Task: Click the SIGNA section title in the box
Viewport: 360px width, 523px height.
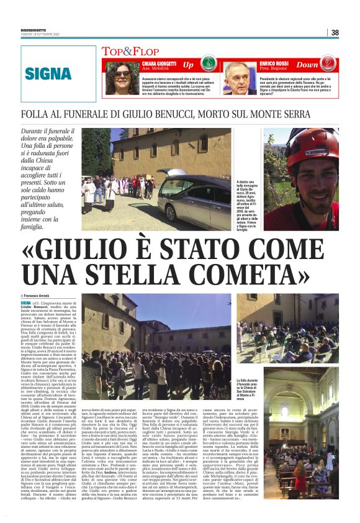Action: [x=48, y=73]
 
